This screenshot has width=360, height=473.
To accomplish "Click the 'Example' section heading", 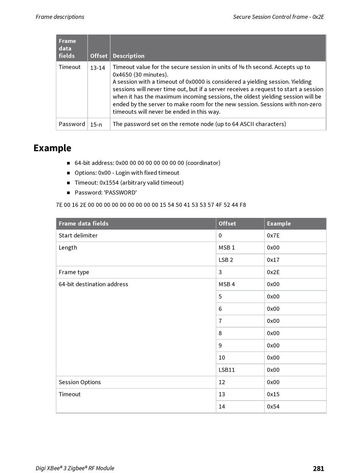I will coord(52,148).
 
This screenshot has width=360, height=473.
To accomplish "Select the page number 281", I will coord(318,468).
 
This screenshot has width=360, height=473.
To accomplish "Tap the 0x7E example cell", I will coord(273,235).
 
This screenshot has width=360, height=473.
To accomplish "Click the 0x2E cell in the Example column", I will coord(273,272).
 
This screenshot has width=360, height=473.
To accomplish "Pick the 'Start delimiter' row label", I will coord(78,235).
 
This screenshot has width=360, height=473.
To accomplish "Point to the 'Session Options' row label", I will coord(80,382).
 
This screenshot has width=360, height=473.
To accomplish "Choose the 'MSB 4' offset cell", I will coord(227,284).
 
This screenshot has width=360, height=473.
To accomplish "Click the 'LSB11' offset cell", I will coord(227,370).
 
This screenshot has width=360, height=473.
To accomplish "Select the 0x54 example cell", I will coord(273,407).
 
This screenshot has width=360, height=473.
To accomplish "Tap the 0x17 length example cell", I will coord(273,260).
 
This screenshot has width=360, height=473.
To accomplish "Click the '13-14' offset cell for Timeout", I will coord(97,67).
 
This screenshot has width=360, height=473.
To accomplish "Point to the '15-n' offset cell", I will coord(96,124).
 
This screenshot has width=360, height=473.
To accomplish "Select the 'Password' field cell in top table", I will coord(72,124).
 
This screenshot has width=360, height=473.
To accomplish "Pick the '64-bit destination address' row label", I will coord(93,284).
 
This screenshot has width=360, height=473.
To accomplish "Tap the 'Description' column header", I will coord(128,56).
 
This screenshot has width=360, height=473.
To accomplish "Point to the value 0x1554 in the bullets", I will coord(109,183).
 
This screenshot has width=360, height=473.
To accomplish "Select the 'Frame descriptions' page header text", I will coord(60,17).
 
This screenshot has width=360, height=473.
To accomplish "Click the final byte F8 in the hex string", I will coord(243,205).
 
